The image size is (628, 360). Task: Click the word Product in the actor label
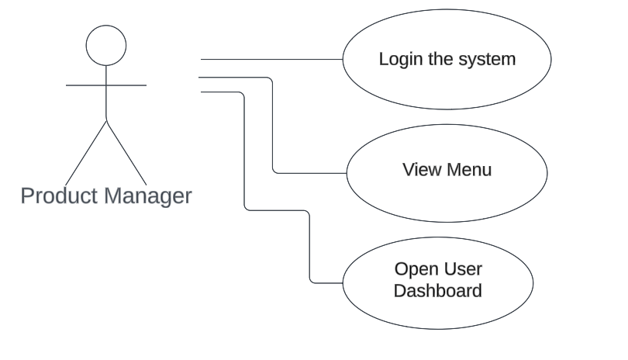[59, 196]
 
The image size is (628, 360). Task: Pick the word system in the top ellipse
[488, 59]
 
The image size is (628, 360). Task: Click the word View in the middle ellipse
[419, 170]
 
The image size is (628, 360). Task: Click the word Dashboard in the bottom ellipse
[438, 291]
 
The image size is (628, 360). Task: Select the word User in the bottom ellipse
[463, 269]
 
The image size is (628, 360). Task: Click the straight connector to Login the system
[271, 58]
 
